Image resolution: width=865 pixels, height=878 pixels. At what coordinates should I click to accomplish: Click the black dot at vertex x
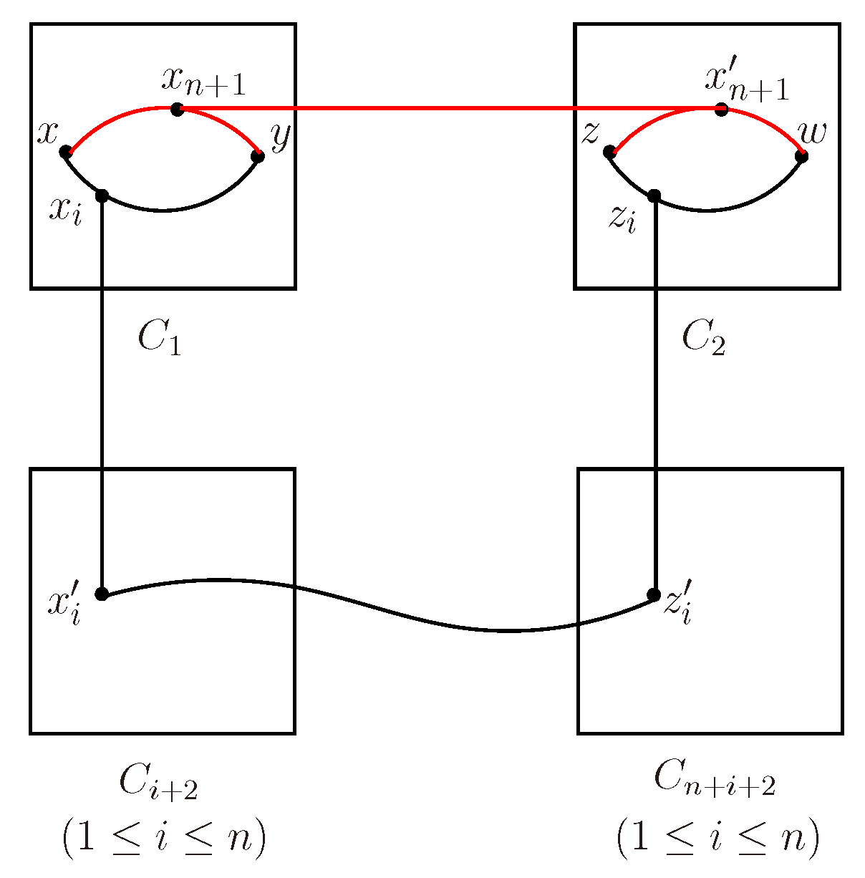[65, 152]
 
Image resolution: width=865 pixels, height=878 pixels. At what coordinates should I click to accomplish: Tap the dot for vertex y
[258, 156]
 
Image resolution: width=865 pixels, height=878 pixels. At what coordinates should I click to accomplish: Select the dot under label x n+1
[178, 110]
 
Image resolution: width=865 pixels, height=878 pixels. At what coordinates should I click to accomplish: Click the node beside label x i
[102, 196]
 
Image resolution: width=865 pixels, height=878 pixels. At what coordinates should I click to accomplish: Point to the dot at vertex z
[609, 152]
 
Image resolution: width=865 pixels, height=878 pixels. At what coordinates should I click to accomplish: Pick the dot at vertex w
[801, 156]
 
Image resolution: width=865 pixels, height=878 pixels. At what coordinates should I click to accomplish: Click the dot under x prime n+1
[721, 110]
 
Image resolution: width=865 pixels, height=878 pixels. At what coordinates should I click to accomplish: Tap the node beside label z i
[653, 196]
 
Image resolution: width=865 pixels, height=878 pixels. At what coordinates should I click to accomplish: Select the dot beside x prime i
[102, 594]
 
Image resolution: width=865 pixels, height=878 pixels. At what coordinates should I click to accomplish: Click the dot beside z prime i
[653, 594]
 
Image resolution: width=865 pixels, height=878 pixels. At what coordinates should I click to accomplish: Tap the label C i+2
[158, 783]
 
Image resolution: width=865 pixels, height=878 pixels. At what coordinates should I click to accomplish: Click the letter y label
[279, 136]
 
